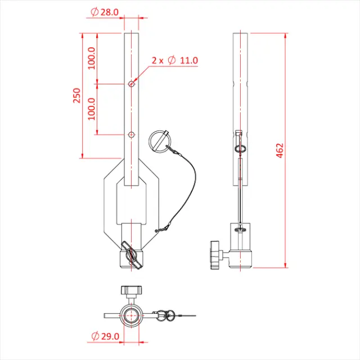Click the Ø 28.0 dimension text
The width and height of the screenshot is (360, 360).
point(104,11)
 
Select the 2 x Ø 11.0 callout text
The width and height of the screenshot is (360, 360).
point(175,60)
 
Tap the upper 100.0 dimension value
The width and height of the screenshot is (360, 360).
point(92,58)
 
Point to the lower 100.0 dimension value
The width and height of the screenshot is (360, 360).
point(92,109)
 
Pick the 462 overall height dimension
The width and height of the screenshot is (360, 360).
point(280,151)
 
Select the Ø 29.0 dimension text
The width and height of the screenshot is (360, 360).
point(105,336)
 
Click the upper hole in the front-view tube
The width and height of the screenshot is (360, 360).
point(131,84)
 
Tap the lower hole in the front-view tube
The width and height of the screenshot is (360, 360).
point(131,134)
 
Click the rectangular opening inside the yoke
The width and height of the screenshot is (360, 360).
point(131,205)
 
